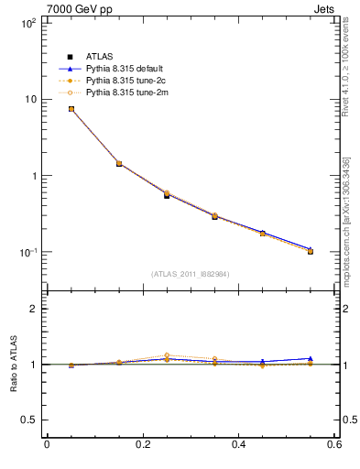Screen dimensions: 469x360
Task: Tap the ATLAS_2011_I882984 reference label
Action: point(191,273)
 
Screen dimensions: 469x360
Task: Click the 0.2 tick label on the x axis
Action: point(142,444)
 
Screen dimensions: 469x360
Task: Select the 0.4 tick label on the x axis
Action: point(238,444)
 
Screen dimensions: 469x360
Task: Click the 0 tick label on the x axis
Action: point(47,444)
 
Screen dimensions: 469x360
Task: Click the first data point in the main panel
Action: point(71,109)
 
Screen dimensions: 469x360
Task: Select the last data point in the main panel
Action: point(311,251)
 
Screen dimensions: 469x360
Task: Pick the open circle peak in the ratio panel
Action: point(167,355)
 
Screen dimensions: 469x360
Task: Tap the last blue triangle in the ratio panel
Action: point(311,358)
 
